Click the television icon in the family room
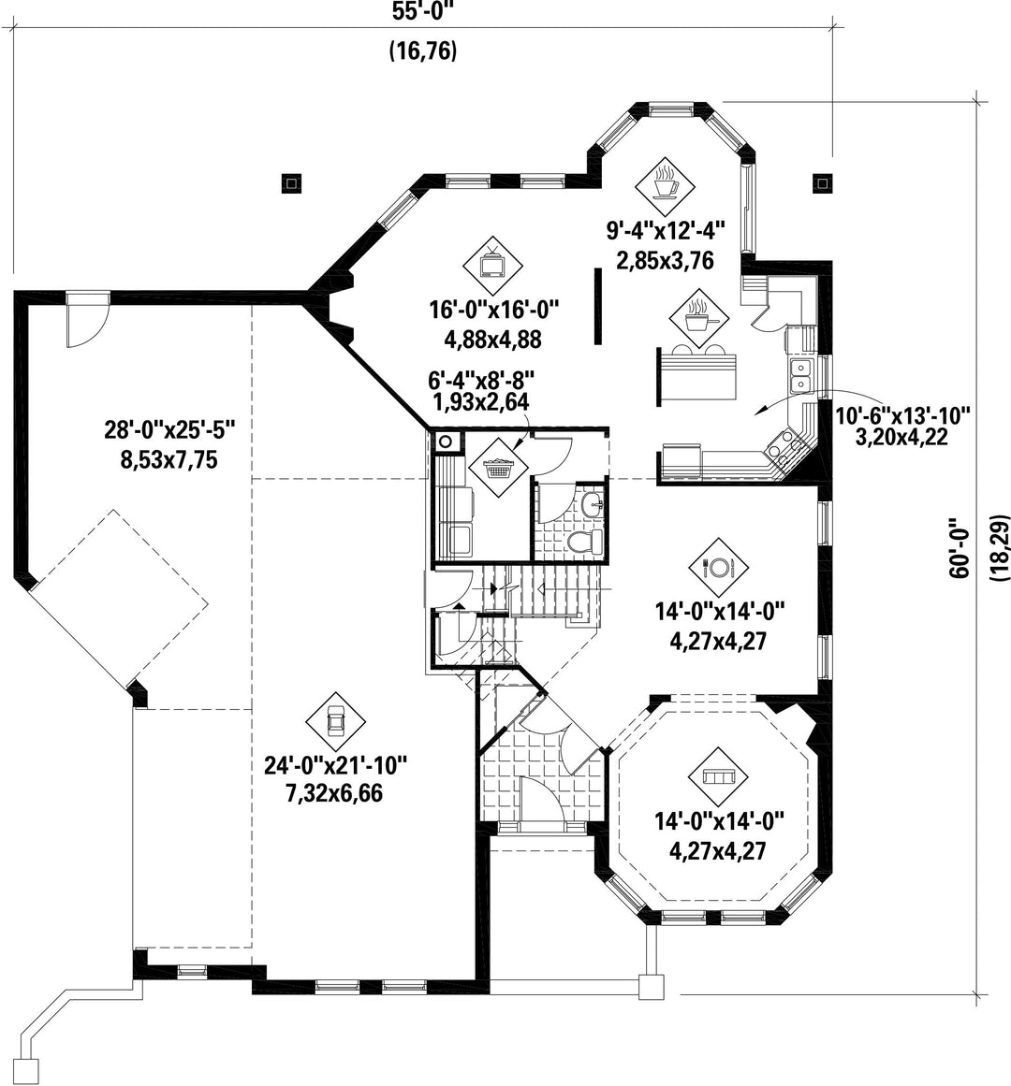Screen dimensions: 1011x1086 click(x=492, y=266)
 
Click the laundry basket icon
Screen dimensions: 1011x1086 click(x=498, y=468)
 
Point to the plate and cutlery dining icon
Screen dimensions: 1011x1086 click(x=719, y=568)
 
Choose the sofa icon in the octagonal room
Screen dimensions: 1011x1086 click(x=719, y=776)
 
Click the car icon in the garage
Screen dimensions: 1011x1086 click(x=336, y=722)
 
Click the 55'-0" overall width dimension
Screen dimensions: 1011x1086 click(x=423, y=12)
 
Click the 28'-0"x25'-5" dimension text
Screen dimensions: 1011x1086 click(x=169, y=430)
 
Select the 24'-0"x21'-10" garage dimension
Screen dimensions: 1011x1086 click(x=335, y=765)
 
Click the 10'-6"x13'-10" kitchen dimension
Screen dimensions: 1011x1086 click(x=901, y=415)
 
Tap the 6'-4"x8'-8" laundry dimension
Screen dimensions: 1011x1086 click(x=481, y=380)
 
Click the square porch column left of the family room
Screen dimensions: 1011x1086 click(x=292, y=182)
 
